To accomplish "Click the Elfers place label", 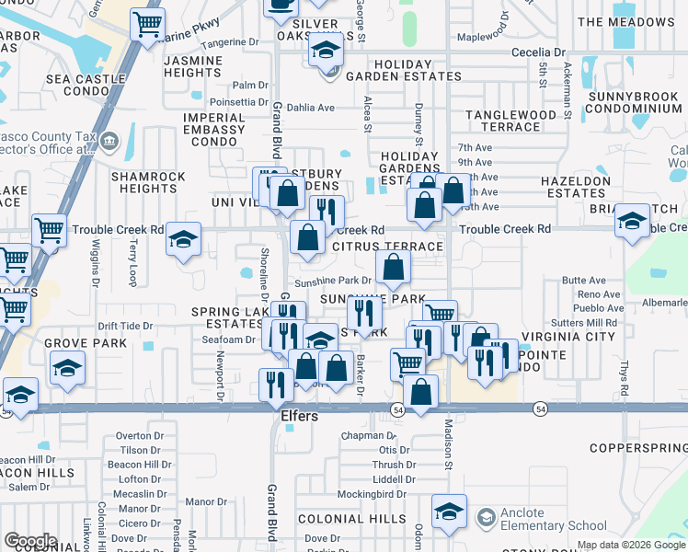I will click(299, 417).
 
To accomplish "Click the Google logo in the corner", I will click(29, 540).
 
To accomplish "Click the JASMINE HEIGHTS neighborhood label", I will click(192, 66).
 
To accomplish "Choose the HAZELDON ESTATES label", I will click(576, 188).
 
